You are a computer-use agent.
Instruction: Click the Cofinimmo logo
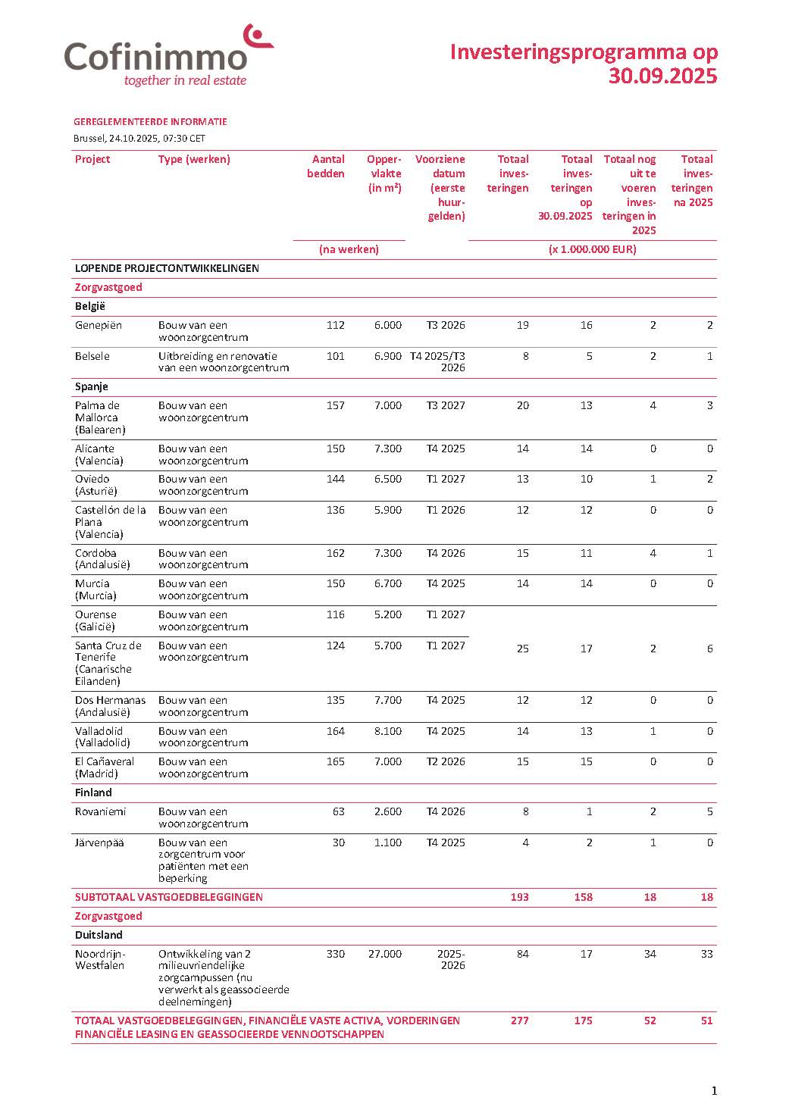pos(168,57)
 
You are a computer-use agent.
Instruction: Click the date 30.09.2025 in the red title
pos(662,77)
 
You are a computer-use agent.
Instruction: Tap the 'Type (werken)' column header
pos(194,159)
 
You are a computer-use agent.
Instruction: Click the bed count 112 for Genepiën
pos(335,325)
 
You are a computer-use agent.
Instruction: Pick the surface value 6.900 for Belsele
pos(387,356)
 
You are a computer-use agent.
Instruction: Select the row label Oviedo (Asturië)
pos(92,485)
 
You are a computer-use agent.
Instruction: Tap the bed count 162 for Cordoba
pos(335,553)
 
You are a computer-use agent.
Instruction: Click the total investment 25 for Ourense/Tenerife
pos(522,649)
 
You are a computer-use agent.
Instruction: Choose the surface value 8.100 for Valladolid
pos(387,731)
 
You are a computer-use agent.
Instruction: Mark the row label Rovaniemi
pos(100,811)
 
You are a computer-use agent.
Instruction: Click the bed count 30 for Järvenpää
pos(338,842)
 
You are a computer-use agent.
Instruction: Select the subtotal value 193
pos(519,897)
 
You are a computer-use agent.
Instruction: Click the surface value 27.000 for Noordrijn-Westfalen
pos(384,954)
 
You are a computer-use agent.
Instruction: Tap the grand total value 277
pos(519,1021)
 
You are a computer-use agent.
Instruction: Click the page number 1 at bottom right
pos(713,1091)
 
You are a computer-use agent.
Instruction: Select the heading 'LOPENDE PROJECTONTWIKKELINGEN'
pos(167,268)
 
